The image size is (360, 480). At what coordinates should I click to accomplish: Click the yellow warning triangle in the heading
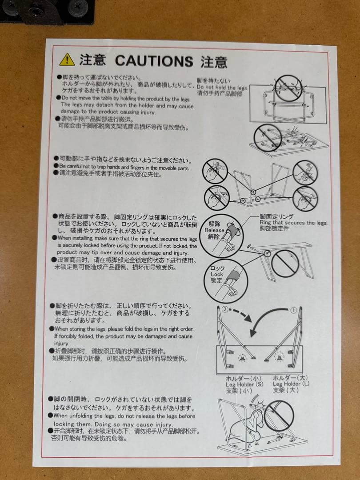click(x=67, y=59)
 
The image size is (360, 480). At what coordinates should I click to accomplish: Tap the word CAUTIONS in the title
click(x=154, y=60)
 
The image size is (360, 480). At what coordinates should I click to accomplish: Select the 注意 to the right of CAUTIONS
click(x=214, y=61)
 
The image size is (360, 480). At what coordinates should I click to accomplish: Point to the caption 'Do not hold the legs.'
click(x=223, y=88)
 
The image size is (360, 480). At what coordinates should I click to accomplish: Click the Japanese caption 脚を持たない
click(x=214, y=81)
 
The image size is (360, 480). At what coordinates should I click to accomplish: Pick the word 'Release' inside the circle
click(x=214, y=230)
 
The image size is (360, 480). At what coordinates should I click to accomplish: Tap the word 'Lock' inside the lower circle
click(x=217, y=274)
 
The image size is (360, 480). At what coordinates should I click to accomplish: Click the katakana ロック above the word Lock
click(x=217, y=268)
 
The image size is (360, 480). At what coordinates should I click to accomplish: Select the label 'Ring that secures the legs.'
click(x=293, y=223)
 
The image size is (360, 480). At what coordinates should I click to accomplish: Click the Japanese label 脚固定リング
click(x=276, y=216)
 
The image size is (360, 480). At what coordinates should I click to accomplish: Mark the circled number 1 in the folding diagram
click(x=293, y=311)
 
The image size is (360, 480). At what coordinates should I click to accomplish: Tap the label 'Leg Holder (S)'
click(x=244, y=384)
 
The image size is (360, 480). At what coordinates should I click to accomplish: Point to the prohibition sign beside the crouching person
click(x=279, y=415)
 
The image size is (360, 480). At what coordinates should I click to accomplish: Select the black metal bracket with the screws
click(x=49, y=11)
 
